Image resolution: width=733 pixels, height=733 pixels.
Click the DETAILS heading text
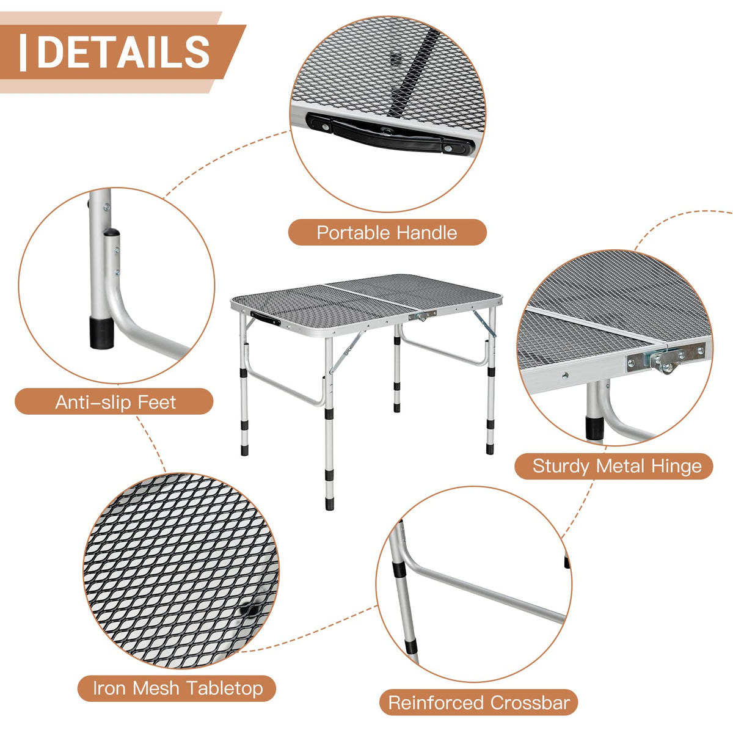[123, 51]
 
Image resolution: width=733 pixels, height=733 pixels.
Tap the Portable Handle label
[387, 232]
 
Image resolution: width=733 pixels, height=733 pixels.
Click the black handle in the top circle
[391, 134]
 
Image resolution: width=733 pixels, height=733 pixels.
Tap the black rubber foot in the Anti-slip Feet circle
[101, 333]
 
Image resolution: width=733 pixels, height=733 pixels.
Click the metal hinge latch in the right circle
[666, 358]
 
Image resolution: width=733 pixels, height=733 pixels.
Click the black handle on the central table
[265, 318]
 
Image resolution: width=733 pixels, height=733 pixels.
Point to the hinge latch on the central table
[422, 315]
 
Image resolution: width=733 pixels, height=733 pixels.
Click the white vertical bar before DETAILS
[23, 53]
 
